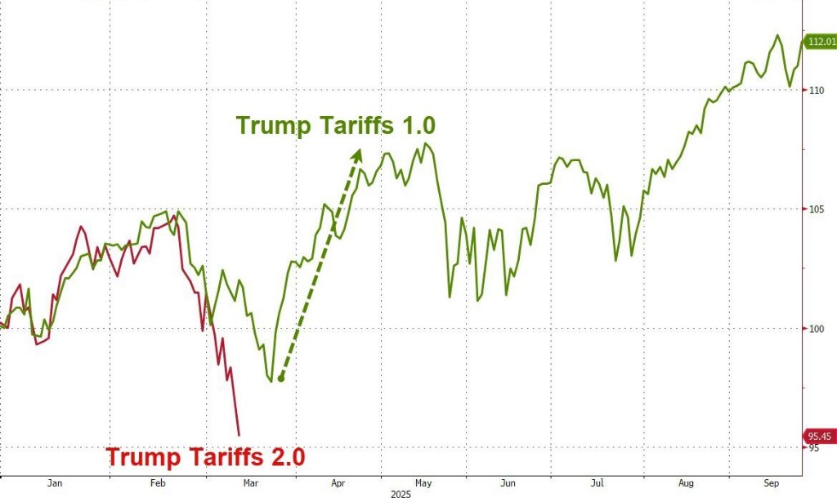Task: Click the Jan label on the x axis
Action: [56, 483]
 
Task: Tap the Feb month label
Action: [159, 483]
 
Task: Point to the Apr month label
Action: [337, 483]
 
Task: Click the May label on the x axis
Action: [423, 483]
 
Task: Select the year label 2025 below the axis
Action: [401, 493]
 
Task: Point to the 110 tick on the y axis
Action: [816, 90]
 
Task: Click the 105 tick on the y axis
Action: [816, 209]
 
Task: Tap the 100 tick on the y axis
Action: [816, 329]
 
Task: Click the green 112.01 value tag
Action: [821, 42]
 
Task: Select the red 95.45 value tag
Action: [821, 436]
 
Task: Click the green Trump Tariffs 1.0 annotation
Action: [336, 126]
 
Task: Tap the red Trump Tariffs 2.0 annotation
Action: [206, 456]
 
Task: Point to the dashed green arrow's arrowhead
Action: [357, 155]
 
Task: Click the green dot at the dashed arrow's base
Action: [280, 378]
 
